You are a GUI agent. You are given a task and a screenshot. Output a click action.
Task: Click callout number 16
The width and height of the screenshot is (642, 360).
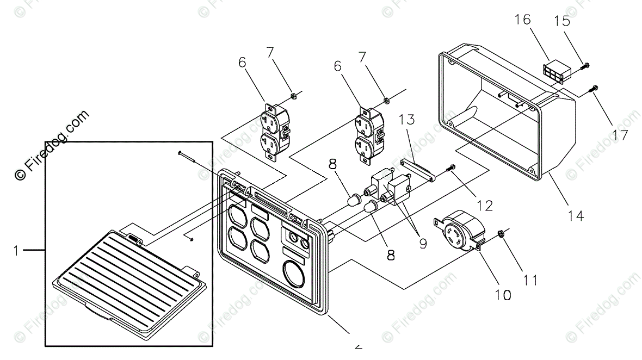pyautogui.click(x=523, y=20)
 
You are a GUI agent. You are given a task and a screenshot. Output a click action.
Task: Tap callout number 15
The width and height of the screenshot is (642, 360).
pyautogui.click(x=563, y=21)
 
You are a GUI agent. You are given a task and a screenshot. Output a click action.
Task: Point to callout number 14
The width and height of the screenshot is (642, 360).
pyautogui.click(x=575, y=215)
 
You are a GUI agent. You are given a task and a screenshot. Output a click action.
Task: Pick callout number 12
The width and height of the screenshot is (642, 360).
pyautogui.click(x=484, y=205)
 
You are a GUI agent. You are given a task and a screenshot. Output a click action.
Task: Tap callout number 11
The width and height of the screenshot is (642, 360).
pyautogui.click(x=530, y=280)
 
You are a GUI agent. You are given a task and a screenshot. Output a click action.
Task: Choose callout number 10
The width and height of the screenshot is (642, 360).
pyautogui.click(x=503, y=295)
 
